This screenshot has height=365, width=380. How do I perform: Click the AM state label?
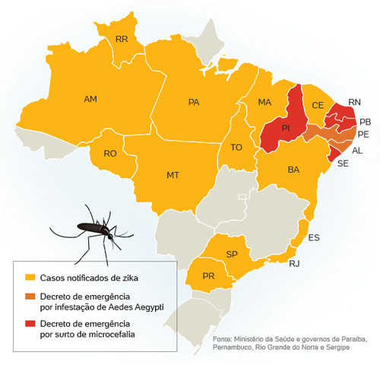click(90, 100)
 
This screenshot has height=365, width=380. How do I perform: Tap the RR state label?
click(122, 40)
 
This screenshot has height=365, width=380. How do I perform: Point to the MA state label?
click(264, 102)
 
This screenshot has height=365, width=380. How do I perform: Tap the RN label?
click(354, 101)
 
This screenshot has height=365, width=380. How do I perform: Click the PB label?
click(365, 122)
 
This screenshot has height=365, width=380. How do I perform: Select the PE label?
click(363, 135)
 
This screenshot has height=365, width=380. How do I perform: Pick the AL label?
click(358, 150)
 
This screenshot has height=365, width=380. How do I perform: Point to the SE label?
click(343, 163)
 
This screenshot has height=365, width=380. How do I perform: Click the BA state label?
click(293, 170)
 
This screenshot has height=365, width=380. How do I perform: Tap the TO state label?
click(236, 148)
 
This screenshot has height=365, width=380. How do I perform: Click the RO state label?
click(110, 154)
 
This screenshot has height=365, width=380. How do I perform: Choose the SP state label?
click(233, 253)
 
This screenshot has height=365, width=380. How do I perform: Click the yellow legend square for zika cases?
click(30, 276)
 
